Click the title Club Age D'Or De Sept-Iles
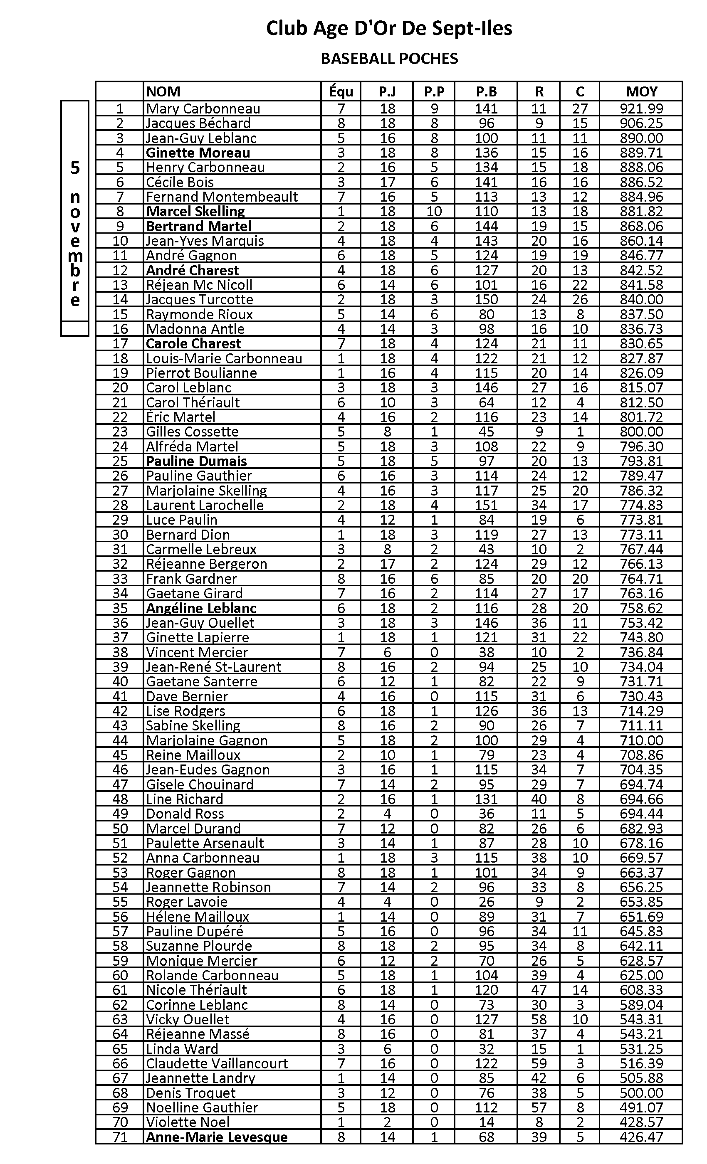click(389, 28)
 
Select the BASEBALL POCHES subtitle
click(389, 59)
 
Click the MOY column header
click(641, 91)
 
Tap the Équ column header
click(341, 91)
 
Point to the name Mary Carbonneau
click(203, 109)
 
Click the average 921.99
click(641, 109)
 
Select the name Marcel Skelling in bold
click(195, 212)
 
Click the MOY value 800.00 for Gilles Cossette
click(641, 432)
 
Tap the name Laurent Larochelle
click(204, 505)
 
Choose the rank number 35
click(120, 608)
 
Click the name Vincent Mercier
click(197, 652)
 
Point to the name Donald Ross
click(185, 814)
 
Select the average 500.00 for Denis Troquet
click(641, 1093)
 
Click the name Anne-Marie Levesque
click(216, 1137)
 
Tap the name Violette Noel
click(188, 1122)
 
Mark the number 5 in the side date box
click(75, 168)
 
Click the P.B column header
click(486, 91)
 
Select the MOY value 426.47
click(641, 1137)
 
